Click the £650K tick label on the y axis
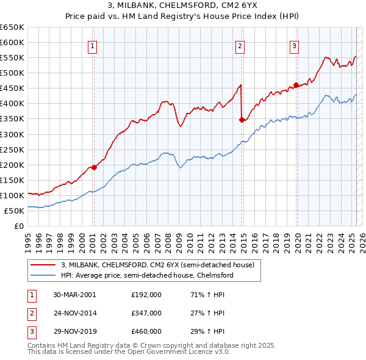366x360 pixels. tap(12, 27)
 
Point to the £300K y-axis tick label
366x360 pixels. tap(12, 134)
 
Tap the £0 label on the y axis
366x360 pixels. tap(20, 226)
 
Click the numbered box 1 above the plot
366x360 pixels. tap(92, 45)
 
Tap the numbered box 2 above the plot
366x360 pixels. tap(240, 45)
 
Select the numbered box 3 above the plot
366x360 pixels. tap(294, 45)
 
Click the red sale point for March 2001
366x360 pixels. tap(94, 167)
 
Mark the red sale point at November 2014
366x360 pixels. tap(242, 120)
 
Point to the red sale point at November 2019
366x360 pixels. tap(296, 85)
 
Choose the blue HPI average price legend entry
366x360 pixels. tap(147, 275)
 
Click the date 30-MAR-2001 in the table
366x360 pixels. tap(74, 295)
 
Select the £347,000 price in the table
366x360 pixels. tap(146, 313)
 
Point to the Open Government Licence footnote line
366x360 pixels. tap(129, 353)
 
